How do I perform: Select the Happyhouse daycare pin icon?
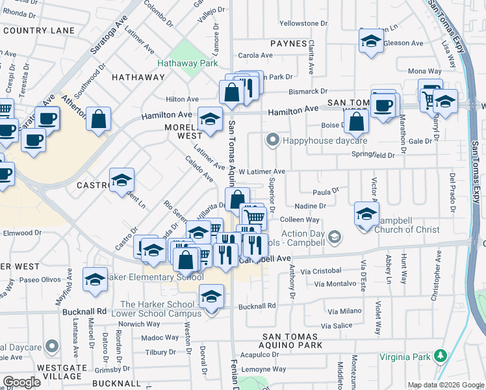[x=273, y=140]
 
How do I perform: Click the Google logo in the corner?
[x=21, y=382]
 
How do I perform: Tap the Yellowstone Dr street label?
[x=303, y=23]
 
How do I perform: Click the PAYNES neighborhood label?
[x=288, y=44]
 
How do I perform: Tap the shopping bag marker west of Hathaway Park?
[x=98, y=118]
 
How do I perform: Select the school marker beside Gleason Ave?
[x=370, y=40]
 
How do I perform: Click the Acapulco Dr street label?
[x=259, y=355]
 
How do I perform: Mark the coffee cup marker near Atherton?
[x=47, y=118]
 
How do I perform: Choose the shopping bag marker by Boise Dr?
[x=357, y=120]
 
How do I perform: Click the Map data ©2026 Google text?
[x=446, y=385]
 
